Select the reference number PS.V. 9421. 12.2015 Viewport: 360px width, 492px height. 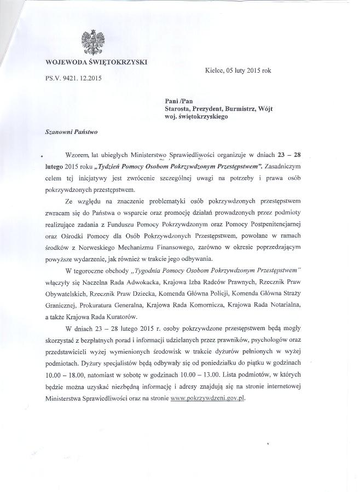pos(73,78)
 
